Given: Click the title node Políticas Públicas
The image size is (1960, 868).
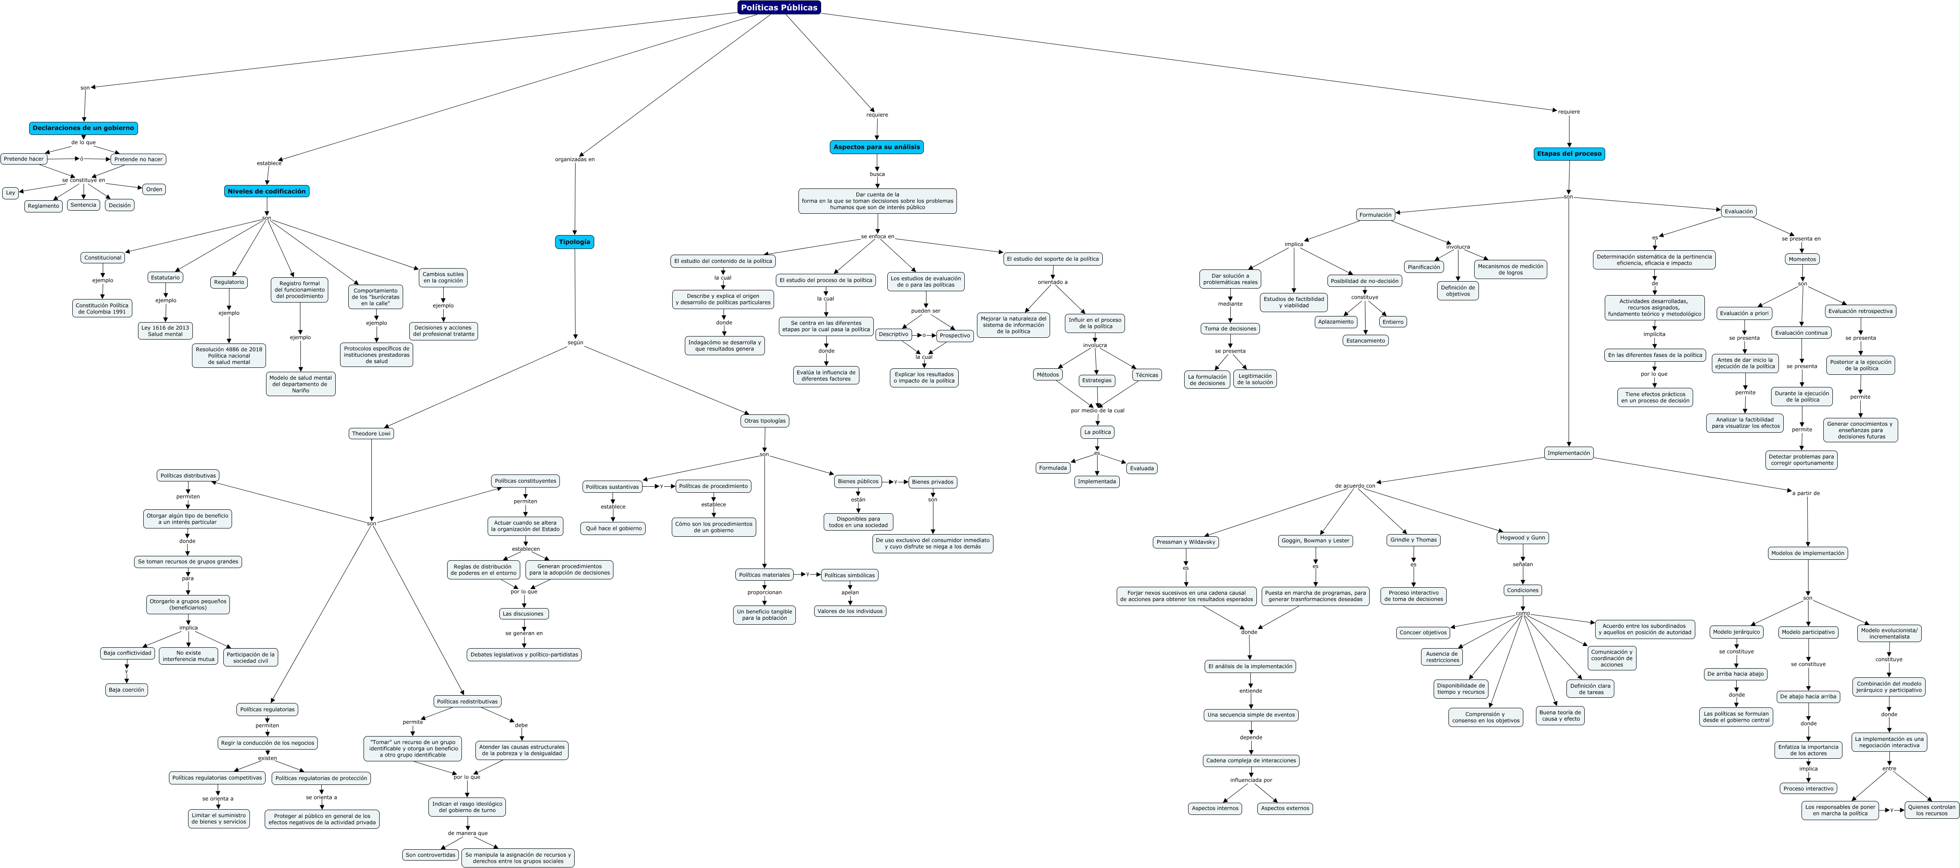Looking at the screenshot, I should pyautogui.click(x=778, y=7).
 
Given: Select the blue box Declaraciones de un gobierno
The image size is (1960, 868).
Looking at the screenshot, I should pyautogui.click(x=83, y=128).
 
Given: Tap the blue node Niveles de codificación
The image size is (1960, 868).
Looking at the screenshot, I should pyautogui.click(x=266, y=192).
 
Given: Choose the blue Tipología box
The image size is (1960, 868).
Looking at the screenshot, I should pyautogui.click(x=574, y=242).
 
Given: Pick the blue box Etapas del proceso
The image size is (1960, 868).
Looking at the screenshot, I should pyautogui.click(x=1569, y=154).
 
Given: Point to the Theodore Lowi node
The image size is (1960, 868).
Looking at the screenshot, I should pyautogui.click(x=371, y=434).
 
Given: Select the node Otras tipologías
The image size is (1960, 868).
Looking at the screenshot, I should pyautogui.click(x=764, y=421).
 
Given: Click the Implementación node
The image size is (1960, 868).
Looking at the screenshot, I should pyautogui.click(x=1568, y=454).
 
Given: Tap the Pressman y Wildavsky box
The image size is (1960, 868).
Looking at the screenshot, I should pyautogui.click(x=1185, y=542).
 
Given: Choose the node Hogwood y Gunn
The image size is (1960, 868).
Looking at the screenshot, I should pyautogui.click(x=1522, y=538).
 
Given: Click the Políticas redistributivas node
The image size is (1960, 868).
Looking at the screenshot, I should pyautogui.click(x=467, y=701).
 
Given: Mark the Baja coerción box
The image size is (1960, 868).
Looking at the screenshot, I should pyautogui.click(x=126, y=690).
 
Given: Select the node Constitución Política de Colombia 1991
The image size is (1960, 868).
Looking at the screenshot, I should pyautogui.click(x=102, y=308).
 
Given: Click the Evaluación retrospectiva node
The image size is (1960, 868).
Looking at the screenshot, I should pyautogui.click(x=1860, y=311).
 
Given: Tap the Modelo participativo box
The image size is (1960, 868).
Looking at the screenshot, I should pyautogui.click(x=1808, y=632).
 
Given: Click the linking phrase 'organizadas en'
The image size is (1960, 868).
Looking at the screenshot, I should pyautogui.click(x=574, y=160).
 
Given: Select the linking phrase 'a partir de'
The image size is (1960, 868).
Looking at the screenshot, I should pyautogui.click(x=1805, y=493).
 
